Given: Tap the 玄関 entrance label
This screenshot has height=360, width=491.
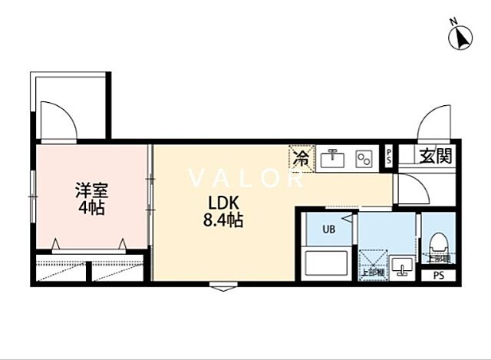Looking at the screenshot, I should pyautogui.click(x=434, y=157).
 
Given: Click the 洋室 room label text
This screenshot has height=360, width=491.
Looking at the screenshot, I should pyautogui.click(x=91, y=190).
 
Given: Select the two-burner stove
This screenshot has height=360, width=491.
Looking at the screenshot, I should pyautogui.click(x=364, y=160).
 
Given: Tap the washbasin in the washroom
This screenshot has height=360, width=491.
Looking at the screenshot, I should pyautogui.click(x=400, y=266).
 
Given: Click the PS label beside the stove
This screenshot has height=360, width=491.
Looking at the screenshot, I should pyautogui.click(x=389, y=157).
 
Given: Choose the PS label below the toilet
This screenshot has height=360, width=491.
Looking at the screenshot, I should pyautogui.click(x=438, y=276).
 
